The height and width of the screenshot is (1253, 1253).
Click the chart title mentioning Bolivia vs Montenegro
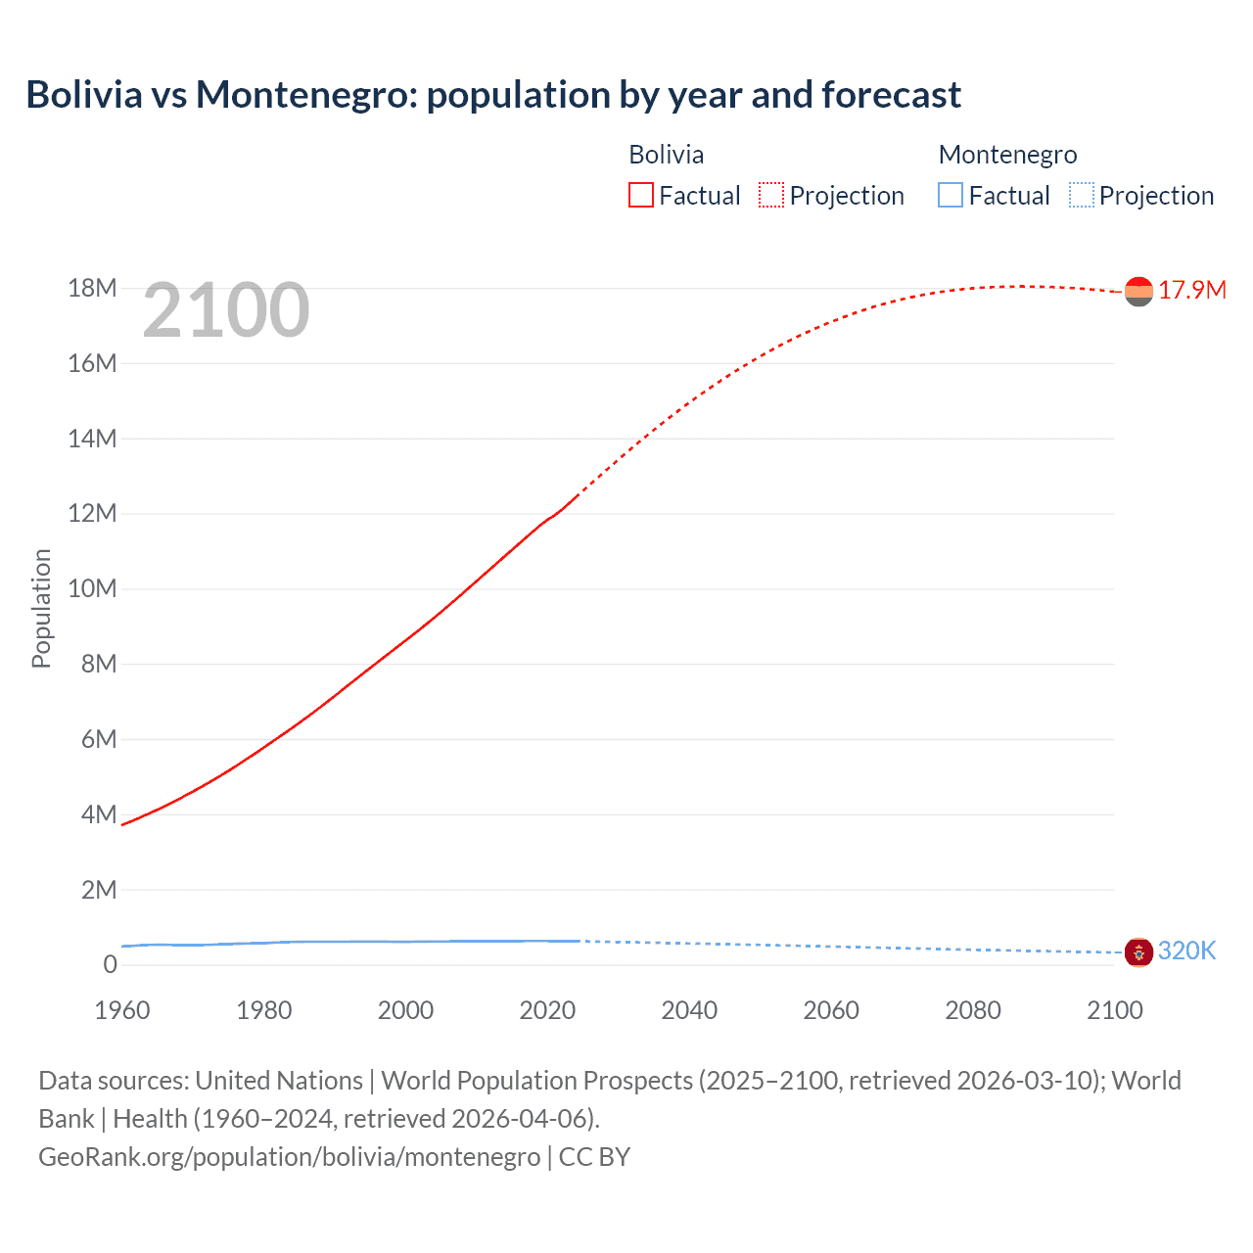pos(493,95)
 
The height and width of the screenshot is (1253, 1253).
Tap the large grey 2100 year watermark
pos(226,310)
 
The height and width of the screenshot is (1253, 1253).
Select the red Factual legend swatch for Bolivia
pos(640,196)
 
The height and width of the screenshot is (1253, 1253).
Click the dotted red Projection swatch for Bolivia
pos(771,196)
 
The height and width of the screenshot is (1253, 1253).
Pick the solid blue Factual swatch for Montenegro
pos(950,196)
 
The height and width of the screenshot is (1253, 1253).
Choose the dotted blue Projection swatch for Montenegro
pos(1081,196)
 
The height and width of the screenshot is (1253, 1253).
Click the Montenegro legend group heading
pos(1007,155)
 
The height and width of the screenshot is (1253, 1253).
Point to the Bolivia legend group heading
pos(666,155)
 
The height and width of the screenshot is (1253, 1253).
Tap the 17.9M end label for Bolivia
pos(1191,291)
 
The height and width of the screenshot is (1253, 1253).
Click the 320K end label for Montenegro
pos(1186,951)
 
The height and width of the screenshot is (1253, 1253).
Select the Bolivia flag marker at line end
pos(1138,292)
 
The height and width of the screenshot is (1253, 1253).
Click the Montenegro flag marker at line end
pos(1138,951)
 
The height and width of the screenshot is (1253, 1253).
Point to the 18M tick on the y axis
pos(92,288)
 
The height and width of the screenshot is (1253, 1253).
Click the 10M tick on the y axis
pos(92,588)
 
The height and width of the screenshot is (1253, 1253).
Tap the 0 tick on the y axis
pos(110,964)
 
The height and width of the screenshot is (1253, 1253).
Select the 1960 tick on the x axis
pos(122,1010)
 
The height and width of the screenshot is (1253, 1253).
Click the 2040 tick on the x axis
pos(689,1010)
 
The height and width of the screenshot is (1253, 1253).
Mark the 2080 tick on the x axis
pos(973,1010)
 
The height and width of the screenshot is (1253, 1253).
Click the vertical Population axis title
pos(41,608)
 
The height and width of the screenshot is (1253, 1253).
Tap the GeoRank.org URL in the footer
pos(289,1157)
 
